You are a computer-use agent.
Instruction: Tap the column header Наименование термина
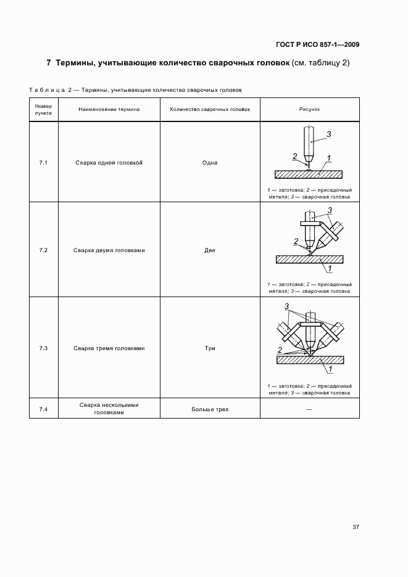109,109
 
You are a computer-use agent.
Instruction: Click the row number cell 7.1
43,163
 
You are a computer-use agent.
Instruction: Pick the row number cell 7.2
43,251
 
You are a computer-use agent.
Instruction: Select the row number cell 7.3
43,348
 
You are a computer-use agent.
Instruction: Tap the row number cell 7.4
43,409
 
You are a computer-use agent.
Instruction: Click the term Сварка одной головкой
109,163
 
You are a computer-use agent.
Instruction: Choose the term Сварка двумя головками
109,251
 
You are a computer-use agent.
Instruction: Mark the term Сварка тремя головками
109,348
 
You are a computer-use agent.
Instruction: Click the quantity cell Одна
210,163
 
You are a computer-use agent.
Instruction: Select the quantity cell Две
210,251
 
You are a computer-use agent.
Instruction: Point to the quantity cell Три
210,348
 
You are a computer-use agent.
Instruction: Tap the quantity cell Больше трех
210,409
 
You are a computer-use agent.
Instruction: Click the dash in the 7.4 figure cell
309,409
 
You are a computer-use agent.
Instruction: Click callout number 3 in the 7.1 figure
329,134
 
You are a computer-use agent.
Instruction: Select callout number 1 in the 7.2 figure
330,269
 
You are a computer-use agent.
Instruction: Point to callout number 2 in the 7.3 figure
280,350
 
